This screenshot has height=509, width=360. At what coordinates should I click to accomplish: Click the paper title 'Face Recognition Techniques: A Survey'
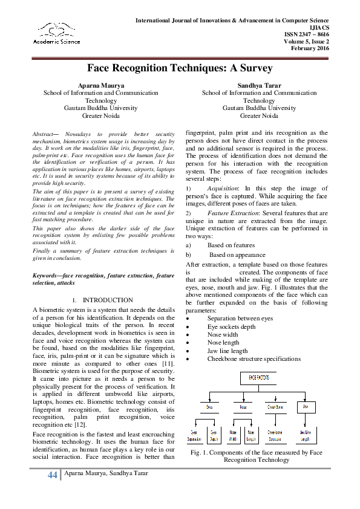click(180, 68)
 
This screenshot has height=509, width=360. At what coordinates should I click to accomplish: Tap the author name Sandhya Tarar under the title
click(259, 85)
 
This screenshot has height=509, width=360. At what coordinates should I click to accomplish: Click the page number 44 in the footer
click(53, 475)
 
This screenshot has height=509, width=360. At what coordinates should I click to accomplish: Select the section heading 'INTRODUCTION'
click(108, 300)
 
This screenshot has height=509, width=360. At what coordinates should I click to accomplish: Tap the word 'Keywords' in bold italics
click(46, 276)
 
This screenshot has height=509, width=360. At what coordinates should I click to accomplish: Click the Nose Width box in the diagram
click(233, 434)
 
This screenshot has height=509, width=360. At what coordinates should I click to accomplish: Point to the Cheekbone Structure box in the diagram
click(276, 434)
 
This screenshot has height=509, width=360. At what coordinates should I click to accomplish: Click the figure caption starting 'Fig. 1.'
click(256, 456)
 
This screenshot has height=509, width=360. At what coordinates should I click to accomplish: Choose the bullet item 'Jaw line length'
click(227, 351)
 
